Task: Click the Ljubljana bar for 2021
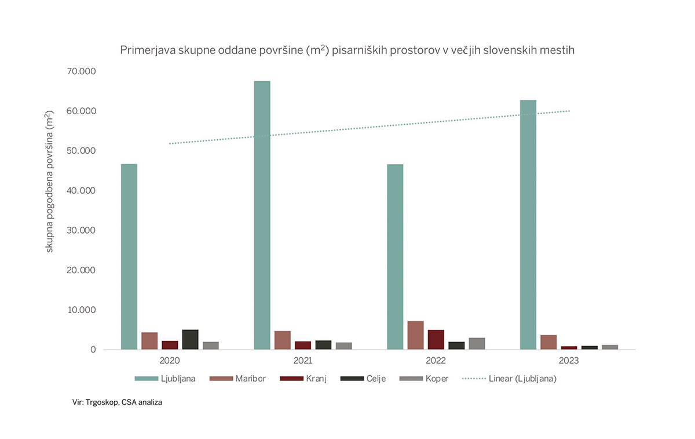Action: [x=262, y=215]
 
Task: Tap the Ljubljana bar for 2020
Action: [x=129, y=257]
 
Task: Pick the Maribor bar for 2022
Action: [x=415, y=335]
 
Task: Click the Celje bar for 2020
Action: [x=190, y=340]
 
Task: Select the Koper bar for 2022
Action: [x=477, y=343]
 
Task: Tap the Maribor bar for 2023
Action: [x=548, y=342]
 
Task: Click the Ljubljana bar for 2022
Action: [x=395, y=257]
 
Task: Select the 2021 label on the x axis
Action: [x=303, y=361]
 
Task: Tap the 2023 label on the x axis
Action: [x=568, y=361]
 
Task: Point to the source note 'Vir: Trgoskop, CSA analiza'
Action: [x=114, y=402]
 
